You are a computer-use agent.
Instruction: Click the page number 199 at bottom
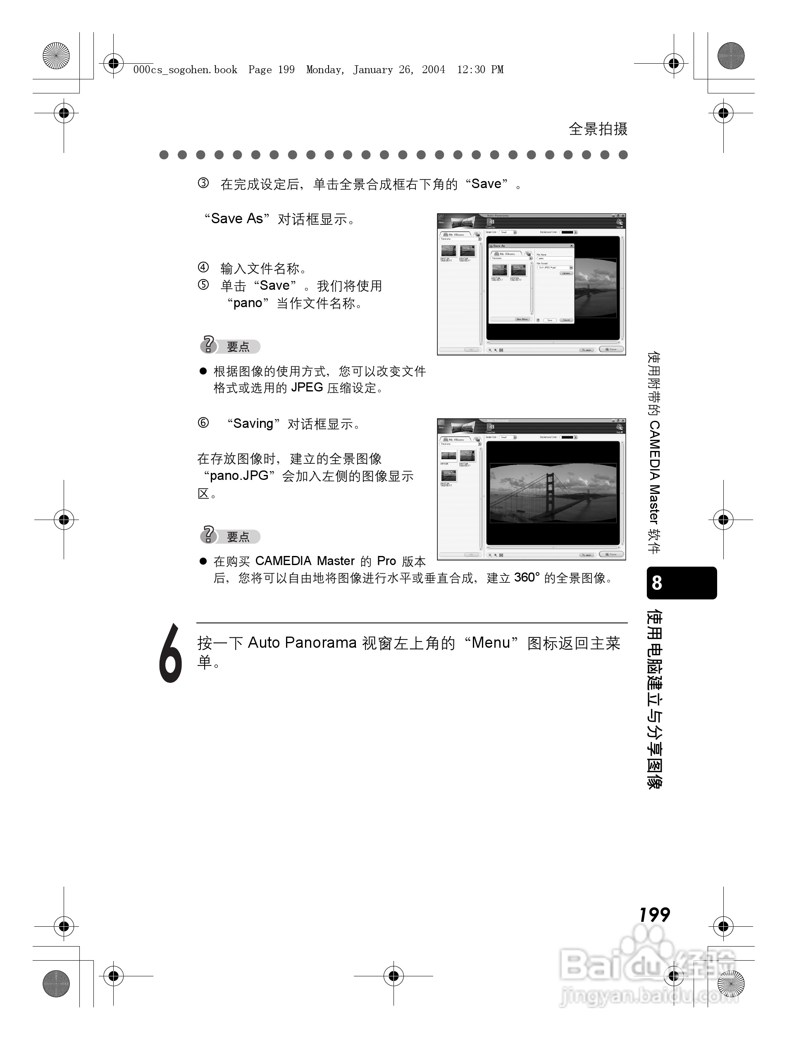(x=654, y=914)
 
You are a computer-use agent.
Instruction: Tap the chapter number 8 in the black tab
(x=657, y=583)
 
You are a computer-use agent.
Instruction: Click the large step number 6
(x=170, y=653)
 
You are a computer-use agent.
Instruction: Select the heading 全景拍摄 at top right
(x=598, y=129)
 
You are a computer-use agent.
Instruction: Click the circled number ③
(x=203, y=184)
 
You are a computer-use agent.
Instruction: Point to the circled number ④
(x=203, y=268)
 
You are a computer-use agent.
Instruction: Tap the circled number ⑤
(x=203, y=285)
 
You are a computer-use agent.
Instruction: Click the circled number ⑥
(x=203, y=423)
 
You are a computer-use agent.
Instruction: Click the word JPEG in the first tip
(x=307, y=387)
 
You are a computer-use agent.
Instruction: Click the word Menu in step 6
(x=491, y=643)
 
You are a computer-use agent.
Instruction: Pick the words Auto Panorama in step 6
(x=302, y=643)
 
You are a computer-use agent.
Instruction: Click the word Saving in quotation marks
(x=253, y=424)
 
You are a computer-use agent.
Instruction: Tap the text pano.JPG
(x=239, y=476)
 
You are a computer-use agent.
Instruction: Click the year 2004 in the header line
(x=433, y=69)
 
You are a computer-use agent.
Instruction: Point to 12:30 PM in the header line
(x=480, y=69)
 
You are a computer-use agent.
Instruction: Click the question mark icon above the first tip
(x=208, y=345)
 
